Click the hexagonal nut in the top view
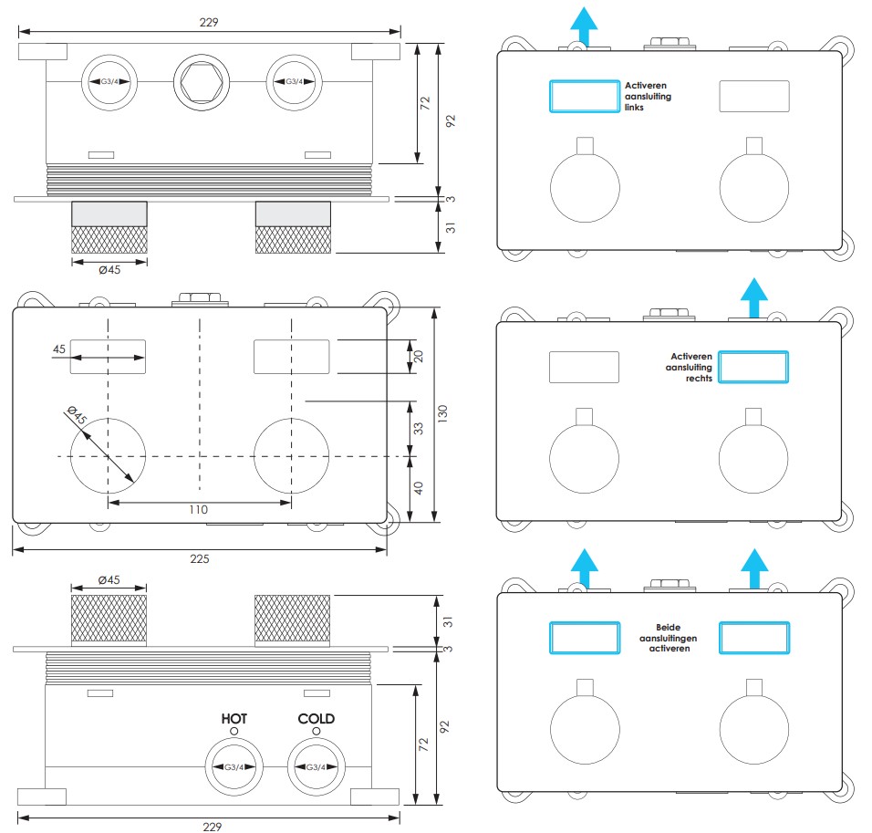(x=202, y=82)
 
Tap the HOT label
(x=234, y=718)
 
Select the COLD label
(x=317, y=718)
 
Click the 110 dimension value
(x=199, y=510)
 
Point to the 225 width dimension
(x=200, y=558)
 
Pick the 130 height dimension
(x=442, y=413)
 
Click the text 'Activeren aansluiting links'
(x=648, y=97)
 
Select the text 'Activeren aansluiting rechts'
(x=689, y=368)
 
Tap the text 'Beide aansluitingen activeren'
(x=669, y=638)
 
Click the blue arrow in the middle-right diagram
(x=753, y=297)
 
